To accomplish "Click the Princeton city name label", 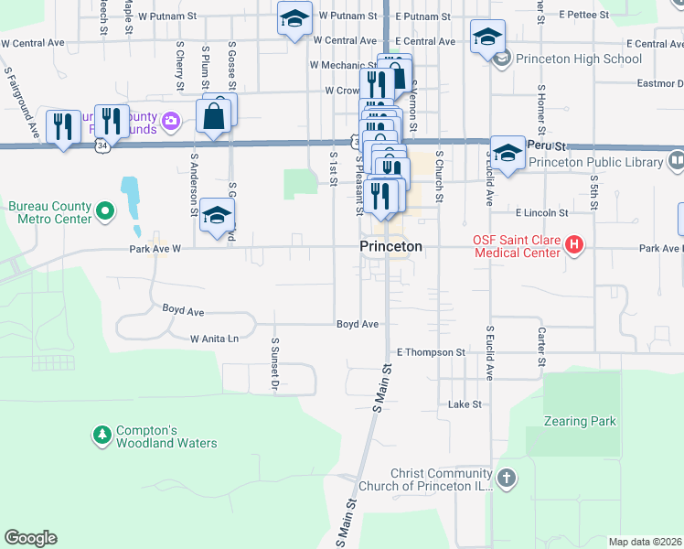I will (x=390, y=247).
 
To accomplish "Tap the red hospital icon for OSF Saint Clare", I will (x=574, y=245).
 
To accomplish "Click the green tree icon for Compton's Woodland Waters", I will (x=102, y=433).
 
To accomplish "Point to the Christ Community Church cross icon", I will (x=506, y=478).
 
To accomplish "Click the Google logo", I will (x=30, y=538).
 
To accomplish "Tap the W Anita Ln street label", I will (x=214, y=339).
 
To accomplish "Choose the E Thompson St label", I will (x=431, y=352).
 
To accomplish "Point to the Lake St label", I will (x=465, y=404).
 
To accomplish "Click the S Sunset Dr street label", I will (x=274, y=363).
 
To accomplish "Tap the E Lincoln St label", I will (x=542, y=212).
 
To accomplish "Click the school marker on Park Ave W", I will (x=217, y=216).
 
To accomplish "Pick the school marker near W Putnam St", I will (x=294, y=20).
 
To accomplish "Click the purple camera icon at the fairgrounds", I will (x=170, y=121).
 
